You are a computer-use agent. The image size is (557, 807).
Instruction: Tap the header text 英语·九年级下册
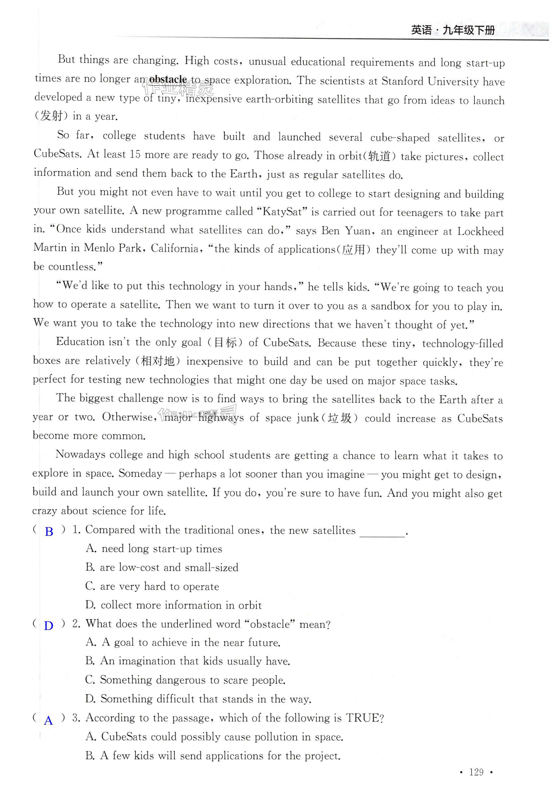coord(453,30)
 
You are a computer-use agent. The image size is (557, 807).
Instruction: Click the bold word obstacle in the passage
coord(168,79)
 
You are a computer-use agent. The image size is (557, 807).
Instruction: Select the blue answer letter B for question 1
coord(49,532)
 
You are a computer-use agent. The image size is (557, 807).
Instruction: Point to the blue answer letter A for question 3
coord(48,720)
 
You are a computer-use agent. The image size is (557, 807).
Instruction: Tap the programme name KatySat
coord(282,211)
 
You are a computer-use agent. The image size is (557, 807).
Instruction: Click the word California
coord(176,248)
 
